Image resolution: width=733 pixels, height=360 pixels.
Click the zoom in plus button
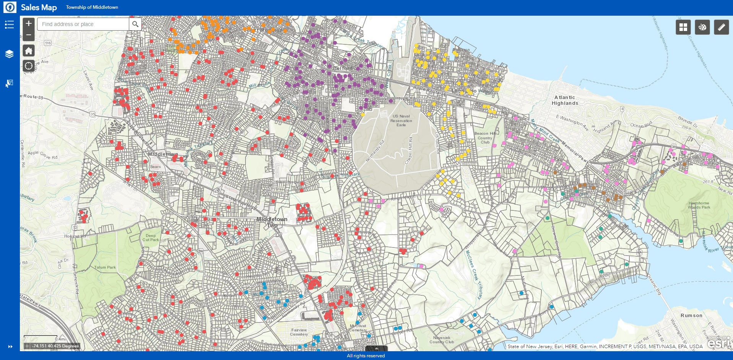(x=29, y=23)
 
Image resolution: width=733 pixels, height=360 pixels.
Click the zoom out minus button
(x=29, y=35)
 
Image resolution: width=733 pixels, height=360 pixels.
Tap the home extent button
(x=29, y=50)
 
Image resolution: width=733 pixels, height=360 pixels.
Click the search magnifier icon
(x=135, y=24)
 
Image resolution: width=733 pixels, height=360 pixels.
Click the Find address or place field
(x=83, y=24)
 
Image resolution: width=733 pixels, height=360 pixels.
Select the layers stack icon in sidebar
(x=9, y=54)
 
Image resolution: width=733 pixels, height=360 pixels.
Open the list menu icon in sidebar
(x=9, y=25)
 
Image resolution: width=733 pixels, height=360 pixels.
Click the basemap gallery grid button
(x=683, y=27)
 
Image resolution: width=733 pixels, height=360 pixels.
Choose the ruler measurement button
(x=721, y=27)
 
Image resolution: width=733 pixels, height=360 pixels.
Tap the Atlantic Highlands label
(x=565, y=100)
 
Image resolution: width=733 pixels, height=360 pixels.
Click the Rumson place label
(x=691, y=316)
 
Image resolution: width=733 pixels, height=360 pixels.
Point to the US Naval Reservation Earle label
(x=401, y=121)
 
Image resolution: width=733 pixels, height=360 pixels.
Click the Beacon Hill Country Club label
(x=485, y=138)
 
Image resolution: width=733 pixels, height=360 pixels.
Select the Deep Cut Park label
(x=151, y=238)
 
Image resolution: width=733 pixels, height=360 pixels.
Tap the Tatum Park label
(x=105, y=267)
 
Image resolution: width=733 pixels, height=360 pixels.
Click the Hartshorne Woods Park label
(x=699, y=205)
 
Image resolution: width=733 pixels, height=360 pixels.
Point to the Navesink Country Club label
(x=442, y=340)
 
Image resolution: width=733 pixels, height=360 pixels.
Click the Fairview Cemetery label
(x=299, y=332)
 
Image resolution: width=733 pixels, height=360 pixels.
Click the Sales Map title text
(x=39, y=7)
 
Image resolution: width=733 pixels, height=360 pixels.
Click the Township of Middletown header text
(x=92, y=7)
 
